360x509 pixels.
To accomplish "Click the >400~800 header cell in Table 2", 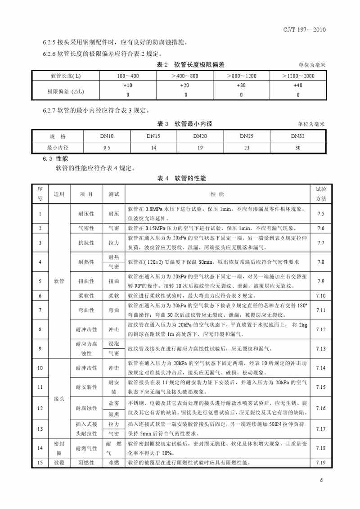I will [x=184, y=76].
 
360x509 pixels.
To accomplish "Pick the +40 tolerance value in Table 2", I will [x=297, y=85].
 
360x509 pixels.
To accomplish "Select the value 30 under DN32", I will [x=297, y=147].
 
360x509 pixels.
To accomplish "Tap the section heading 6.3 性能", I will [x=55, y=159].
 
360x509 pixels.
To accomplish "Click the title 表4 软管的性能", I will [x=181, y=179].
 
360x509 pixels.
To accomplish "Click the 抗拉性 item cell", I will [x=86, y=243].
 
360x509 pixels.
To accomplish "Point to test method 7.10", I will [x=320, y=296].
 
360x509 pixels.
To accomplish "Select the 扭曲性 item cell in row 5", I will [x=86, y=281].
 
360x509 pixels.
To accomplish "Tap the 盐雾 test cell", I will [x=113, y=403].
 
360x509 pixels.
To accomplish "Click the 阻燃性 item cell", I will [x=86, y=462].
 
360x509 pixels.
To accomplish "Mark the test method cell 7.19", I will [x=320, y=462].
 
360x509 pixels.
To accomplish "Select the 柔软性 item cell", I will [x=86, y=296].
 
